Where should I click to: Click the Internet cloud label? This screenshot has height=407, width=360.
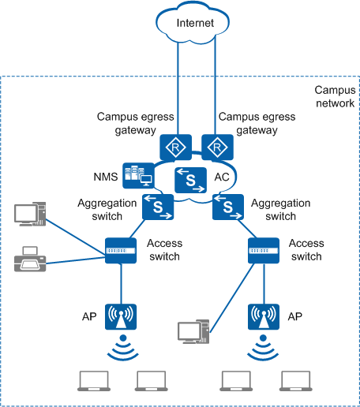coord(195,23)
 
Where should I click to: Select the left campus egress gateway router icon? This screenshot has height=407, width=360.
coord(176,147)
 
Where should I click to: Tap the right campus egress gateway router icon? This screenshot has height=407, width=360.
coord(217,147)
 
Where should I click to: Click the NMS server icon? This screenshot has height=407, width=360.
coord(138,176)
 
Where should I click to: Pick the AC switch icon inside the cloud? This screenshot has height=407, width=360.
coord(190,180)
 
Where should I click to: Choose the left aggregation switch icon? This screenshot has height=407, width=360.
coord(158,207)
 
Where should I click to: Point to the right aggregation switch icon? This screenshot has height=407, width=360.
coord(228,207)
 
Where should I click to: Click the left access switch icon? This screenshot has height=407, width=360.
coord(121,251)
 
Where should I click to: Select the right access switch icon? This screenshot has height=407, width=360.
coord(264,251)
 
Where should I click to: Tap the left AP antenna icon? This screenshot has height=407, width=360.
coord(121,317)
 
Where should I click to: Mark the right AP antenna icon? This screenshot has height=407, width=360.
coord(264,317)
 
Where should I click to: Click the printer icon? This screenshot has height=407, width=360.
coord(30,259)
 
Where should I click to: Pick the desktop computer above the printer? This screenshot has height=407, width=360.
coord(30,214)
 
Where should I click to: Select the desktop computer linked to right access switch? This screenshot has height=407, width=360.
coord(193,331)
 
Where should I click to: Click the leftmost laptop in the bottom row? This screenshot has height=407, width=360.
coord(94,381)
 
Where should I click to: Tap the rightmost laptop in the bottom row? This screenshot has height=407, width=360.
coord(296,381)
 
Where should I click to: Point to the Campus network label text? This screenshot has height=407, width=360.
coord(335,96)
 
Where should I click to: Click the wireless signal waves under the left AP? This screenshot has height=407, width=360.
coord(123,347)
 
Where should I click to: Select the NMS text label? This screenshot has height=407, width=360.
coord(106,177)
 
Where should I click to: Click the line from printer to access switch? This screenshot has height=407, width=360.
coord(76,260)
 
